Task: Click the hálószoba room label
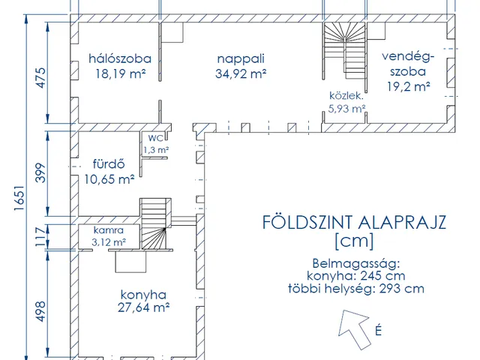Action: click(120, 58)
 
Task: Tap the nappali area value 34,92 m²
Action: click(241, 73)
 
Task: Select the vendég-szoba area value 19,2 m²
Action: click(409, 87)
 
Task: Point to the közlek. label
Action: click(346, 96)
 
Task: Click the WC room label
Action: click(156, 138)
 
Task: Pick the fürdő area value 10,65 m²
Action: click(109, 179)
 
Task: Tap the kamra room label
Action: click(108, 230)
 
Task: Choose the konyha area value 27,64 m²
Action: click(143, 307)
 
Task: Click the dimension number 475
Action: click(41, 78)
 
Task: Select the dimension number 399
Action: click(40, 173)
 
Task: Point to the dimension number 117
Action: click(40, 236)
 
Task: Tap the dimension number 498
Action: click(40, 311)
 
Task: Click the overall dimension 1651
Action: click(19, 198)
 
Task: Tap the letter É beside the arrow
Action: click(378, 330)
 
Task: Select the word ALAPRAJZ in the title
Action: click(402, 223)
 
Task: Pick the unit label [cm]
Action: click(354, 241)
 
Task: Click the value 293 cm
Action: click(402, 289)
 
